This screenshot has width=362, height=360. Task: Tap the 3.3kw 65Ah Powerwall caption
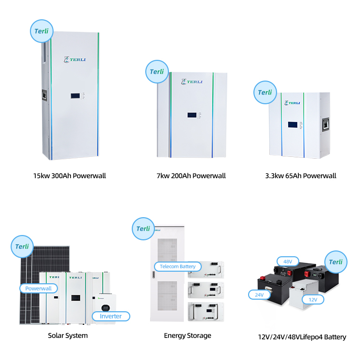tap(300, 176)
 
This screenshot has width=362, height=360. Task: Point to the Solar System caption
tap(68, 335)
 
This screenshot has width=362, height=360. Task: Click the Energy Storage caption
tap(187, 335)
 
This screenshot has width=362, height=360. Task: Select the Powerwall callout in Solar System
tap(39, 289)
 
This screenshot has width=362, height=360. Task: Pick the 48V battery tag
tap(288, 262)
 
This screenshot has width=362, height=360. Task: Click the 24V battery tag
tap(259, 294)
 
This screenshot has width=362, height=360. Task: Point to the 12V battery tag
tap(313, 299)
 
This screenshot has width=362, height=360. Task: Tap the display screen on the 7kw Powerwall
tap(192, 116)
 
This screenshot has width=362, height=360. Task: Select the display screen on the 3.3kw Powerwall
tap(292, 124)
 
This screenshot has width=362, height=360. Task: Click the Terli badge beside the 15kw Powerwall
tap(41, 31)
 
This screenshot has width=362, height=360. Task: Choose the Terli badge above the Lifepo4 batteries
tap(335, 262)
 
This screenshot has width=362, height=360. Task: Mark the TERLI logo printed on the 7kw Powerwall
tap(194, 82)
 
